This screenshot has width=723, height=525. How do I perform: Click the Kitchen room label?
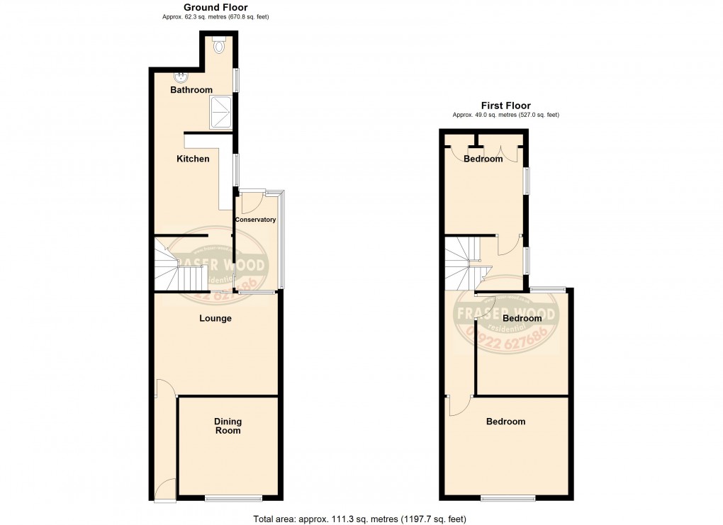[193, 159]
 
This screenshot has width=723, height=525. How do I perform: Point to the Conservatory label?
[256, 220]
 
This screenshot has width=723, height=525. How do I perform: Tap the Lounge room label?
[215, 319]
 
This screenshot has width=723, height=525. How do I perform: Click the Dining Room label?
[228, 426]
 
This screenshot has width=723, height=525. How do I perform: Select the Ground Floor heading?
[215, 7]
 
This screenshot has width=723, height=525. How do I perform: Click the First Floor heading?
[506, 106]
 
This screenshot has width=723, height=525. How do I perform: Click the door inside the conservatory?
[249, 203]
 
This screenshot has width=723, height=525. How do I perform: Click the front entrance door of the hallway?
[165, 489]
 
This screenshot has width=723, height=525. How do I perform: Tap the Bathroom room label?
[191, 91]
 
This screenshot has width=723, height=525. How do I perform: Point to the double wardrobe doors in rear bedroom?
[500, 151]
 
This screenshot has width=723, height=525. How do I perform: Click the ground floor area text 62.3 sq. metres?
[215, 16]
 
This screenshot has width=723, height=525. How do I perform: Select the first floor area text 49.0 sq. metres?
[506, 115]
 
